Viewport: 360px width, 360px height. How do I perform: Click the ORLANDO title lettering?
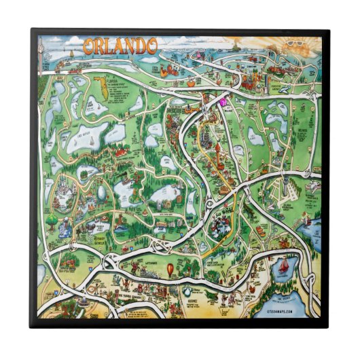pos(120,47)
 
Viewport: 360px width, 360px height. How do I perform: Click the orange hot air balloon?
pos(170,270)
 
